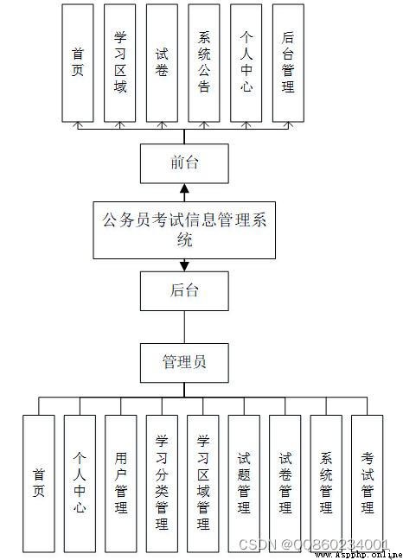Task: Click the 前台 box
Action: point(184,163)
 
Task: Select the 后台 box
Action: point(184,290)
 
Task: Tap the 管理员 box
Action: point(184,363)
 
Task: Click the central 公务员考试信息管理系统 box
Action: point(184,230)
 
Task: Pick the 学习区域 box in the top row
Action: point(119,63)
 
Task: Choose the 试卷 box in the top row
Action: point(162,63)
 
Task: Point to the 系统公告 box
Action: point(204,63)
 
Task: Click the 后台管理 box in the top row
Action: point(288,63)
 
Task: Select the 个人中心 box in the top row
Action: point(246,63)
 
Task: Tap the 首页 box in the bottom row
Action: point(39,484)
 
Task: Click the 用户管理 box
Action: point(121,484)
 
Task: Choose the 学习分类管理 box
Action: point(162,484)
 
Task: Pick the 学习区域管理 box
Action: point(203,484)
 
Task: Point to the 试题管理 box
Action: point(244,484)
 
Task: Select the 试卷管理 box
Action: point(285,484)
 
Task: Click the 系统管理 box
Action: point(326,484)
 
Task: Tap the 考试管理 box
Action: point(368,484)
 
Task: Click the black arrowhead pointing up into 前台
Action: point(184,188)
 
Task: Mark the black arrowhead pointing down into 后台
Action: point(184,266)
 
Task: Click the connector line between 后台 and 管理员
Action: point(184,328)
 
